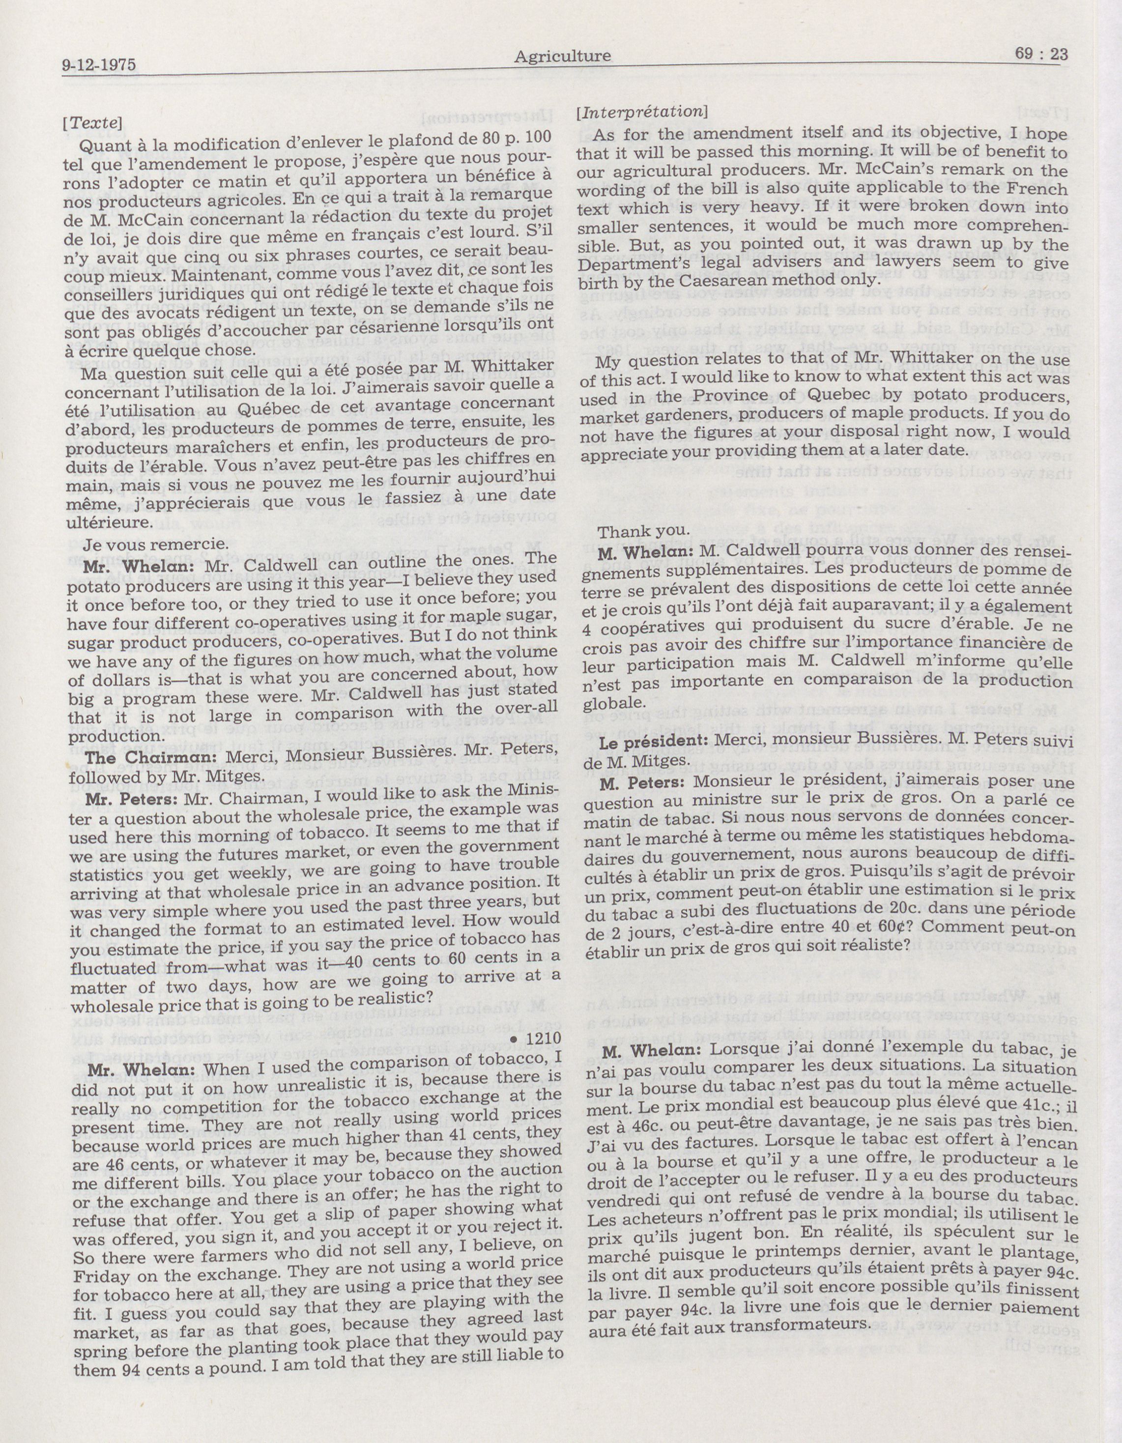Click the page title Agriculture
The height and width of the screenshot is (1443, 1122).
pyautogui.click(x=562, y=57)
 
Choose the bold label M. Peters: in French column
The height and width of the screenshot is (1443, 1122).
pyautogui.click(x=642, y=782)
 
